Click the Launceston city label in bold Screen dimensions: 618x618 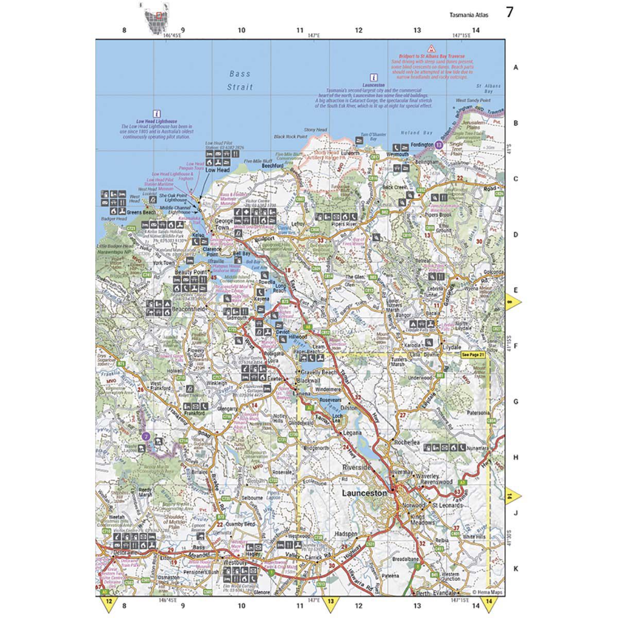pyautogui.click(x=364, y=493)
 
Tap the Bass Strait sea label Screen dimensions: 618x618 pyautogui.click(x=240, y=80)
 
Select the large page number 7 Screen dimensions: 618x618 pyautogui.click(x=509, y=13)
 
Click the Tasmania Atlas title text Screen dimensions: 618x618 pyautogui.click(x=468, y=14)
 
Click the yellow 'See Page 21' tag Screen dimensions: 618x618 pyautogui.click(x=473, y=355)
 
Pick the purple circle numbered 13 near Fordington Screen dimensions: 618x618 pyautogui.click(x=438, y=145)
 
